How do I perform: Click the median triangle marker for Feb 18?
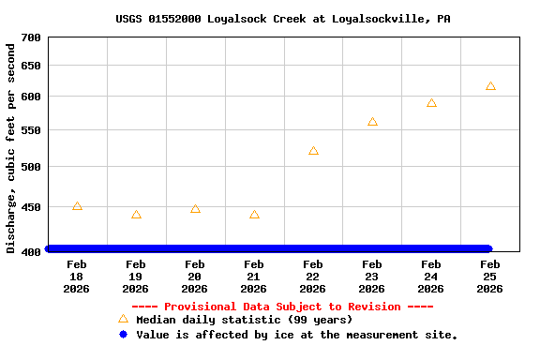77,206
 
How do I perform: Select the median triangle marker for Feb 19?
136,215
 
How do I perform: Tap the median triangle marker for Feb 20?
195,209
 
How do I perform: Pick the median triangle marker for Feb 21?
254,215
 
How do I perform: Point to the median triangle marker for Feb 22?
313,151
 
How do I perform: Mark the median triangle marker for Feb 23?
372,122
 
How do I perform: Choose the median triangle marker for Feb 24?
431,103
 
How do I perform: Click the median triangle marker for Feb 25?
490,86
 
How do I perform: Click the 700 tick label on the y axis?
31,37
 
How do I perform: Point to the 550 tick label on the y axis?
31,130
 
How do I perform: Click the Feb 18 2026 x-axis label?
77,277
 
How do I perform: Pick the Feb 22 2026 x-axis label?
313,277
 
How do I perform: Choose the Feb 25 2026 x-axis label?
490,277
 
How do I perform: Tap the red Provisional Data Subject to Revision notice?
282,307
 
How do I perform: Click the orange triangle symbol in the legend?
123,320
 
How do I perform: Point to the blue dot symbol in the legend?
123,335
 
